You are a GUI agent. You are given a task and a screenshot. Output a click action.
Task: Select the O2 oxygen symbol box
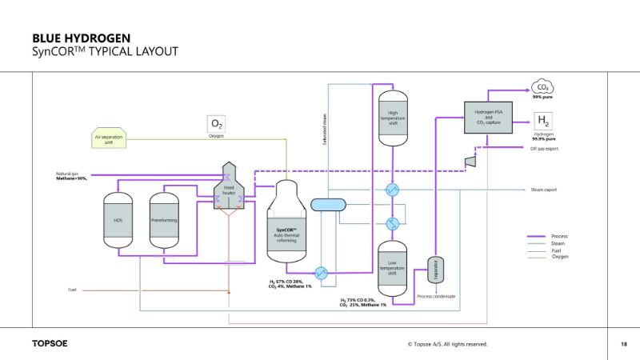pyautogui.click(x=216, y=123)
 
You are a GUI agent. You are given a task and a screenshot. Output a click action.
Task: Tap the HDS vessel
pyautogui.click(x=118, y=219)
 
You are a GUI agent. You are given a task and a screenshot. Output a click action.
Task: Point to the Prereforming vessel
pyautogui.click(x=164, y=219)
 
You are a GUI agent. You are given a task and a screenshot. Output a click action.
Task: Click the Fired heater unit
pyautogui.click(x=228, y=190)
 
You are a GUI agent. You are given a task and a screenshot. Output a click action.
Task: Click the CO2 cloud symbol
pyautogui.click(x=542, y=87)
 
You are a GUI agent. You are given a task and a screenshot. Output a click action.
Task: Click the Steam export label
pyautogui.click(x=543, y=190)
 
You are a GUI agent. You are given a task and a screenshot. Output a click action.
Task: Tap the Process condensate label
pyautogui.click(x=436, y=296)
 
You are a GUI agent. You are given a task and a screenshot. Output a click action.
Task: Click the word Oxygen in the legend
pyautogui.click(x=561, y=257)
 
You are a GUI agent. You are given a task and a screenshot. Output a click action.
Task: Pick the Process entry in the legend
pyautogui.click(x=561, y=237)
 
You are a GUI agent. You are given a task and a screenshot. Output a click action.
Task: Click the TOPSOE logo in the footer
pyautogui.click(x=50, y=344)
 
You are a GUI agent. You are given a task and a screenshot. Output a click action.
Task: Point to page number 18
pyautogui.click(x=623, y=344)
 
